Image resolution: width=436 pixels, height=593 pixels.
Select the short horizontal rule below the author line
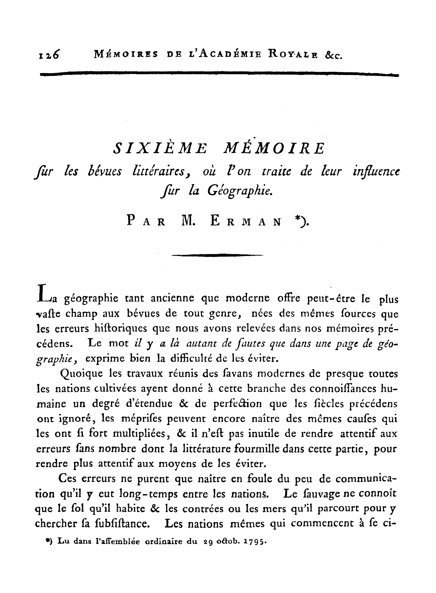218,255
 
